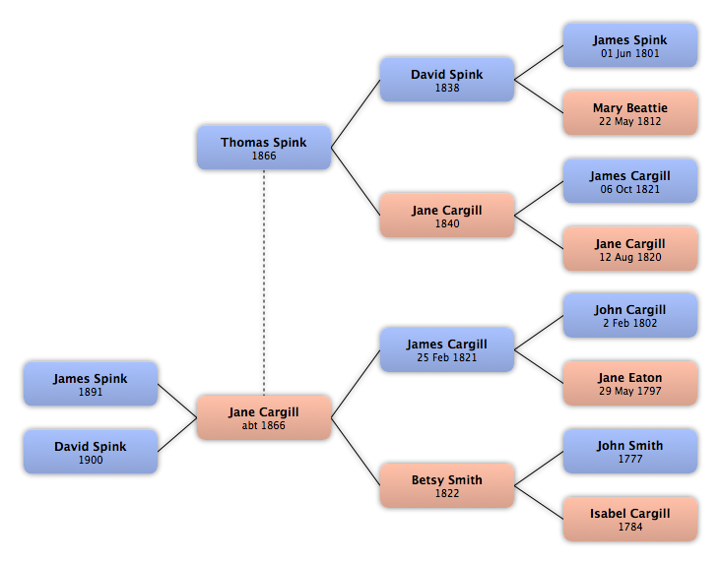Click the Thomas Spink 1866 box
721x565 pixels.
pos(264,148)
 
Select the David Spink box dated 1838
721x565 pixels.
pos(447,80)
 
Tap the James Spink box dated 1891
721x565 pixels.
pos(91,384)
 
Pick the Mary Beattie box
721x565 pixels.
pos(630,113)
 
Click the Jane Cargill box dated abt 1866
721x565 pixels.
pos(264,417)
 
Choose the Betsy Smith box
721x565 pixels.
pos(447,485)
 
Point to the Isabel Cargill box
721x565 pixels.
pos(630,519)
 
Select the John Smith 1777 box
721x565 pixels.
pos(630,451)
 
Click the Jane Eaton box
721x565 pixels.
pos(630,383)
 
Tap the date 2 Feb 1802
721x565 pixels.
pos(630,323)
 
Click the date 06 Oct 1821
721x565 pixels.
pos(630,189)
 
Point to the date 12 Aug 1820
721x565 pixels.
pos(630,257)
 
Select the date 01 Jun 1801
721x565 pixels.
pos(630,53)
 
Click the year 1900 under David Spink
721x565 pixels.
pos(91,460)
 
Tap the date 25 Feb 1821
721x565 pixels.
pos(447,357)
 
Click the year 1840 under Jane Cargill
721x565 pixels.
pos(447,223)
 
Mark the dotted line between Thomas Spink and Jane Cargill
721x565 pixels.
pos(264,282)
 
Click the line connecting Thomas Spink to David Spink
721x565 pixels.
pos(356,113)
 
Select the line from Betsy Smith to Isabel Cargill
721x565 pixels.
pos(539,503)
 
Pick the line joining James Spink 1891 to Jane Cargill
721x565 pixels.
pos(177,401)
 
